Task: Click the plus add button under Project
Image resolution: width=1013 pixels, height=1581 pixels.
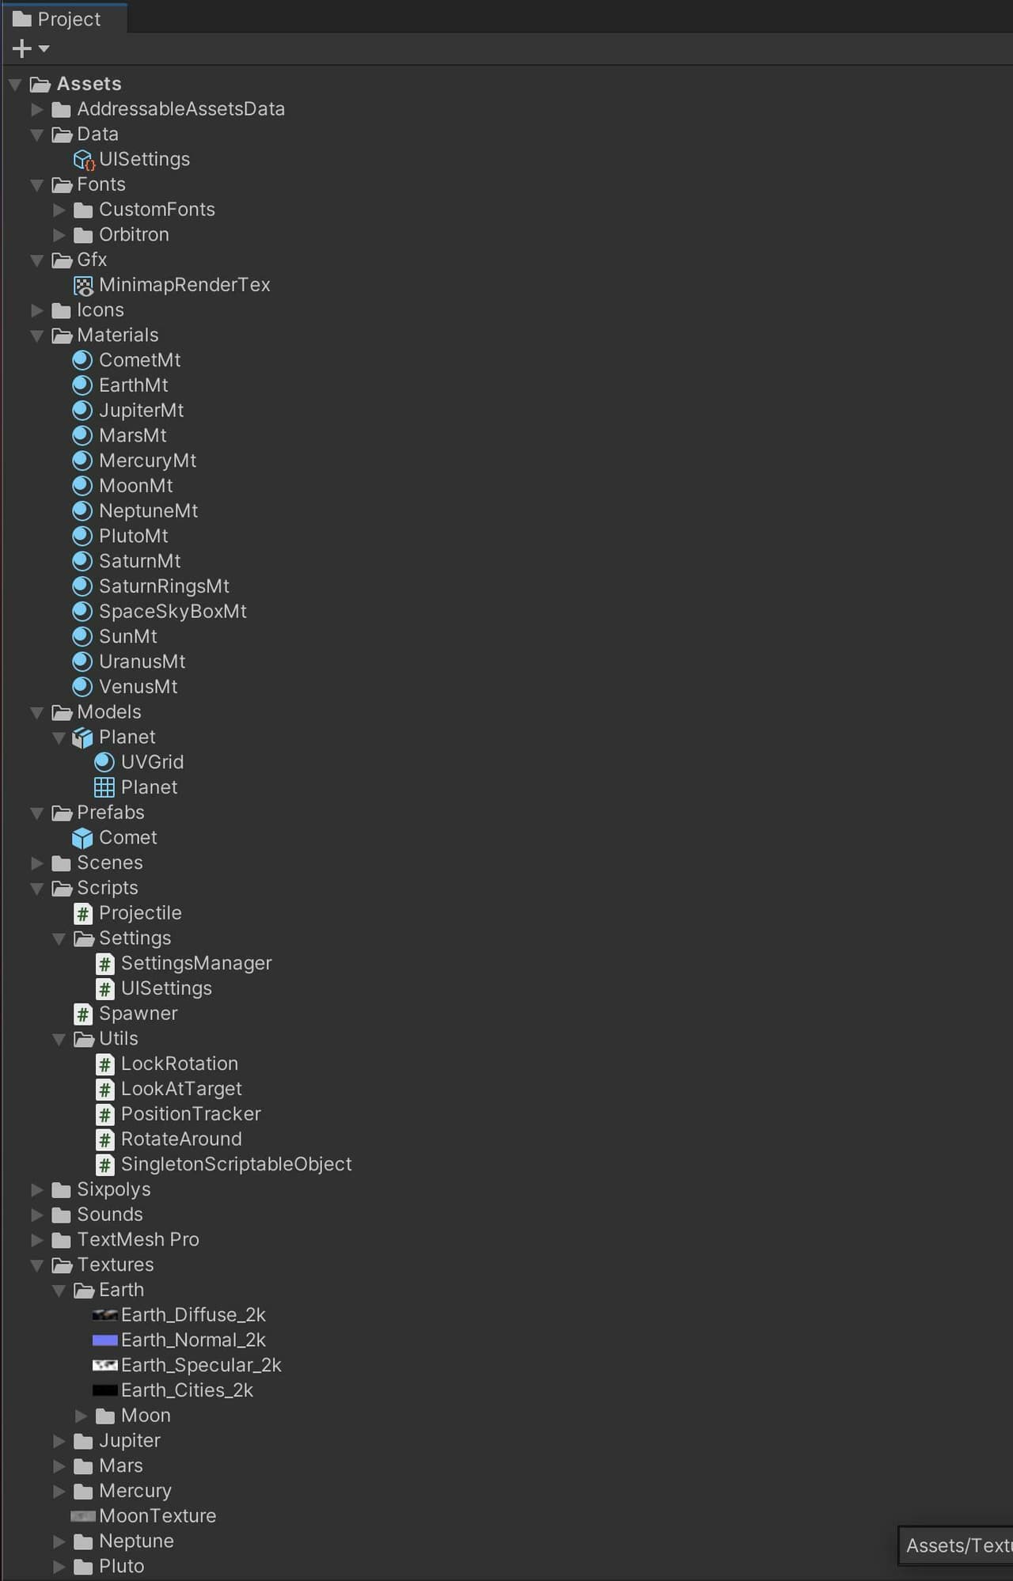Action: [22, 49]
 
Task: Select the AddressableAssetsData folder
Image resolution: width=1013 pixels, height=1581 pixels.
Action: [180, 109]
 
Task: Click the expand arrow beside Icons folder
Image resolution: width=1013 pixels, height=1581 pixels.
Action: [37, 310]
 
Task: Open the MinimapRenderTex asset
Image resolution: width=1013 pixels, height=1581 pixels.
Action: [184, 285]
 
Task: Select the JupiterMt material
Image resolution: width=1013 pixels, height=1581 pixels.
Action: [141, 411]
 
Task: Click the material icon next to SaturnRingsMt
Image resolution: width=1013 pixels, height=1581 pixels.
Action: [82, 586]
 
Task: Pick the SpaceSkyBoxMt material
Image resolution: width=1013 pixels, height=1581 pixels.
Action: [173, 612]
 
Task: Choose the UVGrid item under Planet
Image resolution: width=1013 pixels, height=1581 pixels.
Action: [152, 762]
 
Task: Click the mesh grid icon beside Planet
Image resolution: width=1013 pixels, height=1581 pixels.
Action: [104, 787]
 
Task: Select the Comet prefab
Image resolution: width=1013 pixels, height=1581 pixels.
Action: [127, 837]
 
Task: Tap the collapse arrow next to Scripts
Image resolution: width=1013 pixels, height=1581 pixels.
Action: [37, 889]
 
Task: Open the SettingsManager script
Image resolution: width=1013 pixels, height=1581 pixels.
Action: [196, 963]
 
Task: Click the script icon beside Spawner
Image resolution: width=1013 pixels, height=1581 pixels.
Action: [83, 1014]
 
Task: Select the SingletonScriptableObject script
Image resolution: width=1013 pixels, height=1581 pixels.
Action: [236, 1164]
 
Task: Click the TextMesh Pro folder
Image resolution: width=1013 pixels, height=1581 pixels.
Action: [138, 1239]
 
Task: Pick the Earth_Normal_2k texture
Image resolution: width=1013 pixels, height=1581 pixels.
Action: [193, 1340]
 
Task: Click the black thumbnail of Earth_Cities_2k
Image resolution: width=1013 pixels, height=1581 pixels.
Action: [105, 1390]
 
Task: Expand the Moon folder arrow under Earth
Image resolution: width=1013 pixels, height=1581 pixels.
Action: [82, 1416]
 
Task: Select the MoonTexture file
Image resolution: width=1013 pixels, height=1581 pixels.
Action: [157, 1516]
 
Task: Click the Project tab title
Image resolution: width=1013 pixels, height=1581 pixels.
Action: [69, 19]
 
